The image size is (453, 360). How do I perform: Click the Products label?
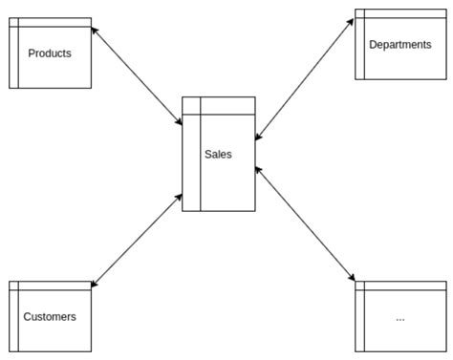(50, 53)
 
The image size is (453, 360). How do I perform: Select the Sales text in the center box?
(218, 154)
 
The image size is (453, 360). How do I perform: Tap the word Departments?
(399, 45)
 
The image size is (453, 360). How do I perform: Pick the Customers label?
(50, 316)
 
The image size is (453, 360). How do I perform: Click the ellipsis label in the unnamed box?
(399, 317)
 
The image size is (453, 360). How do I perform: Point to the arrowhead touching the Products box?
(96, 31)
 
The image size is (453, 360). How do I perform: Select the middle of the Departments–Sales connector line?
(305, 81)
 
